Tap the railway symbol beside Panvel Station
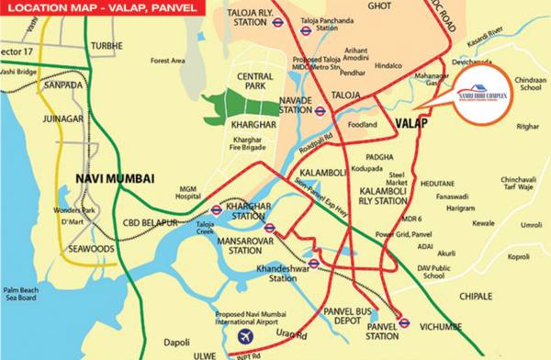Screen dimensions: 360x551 pyautogui.click(x=403, y=321)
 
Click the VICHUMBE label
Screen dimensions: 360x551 pyautogui.click(x=445, y=324)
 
